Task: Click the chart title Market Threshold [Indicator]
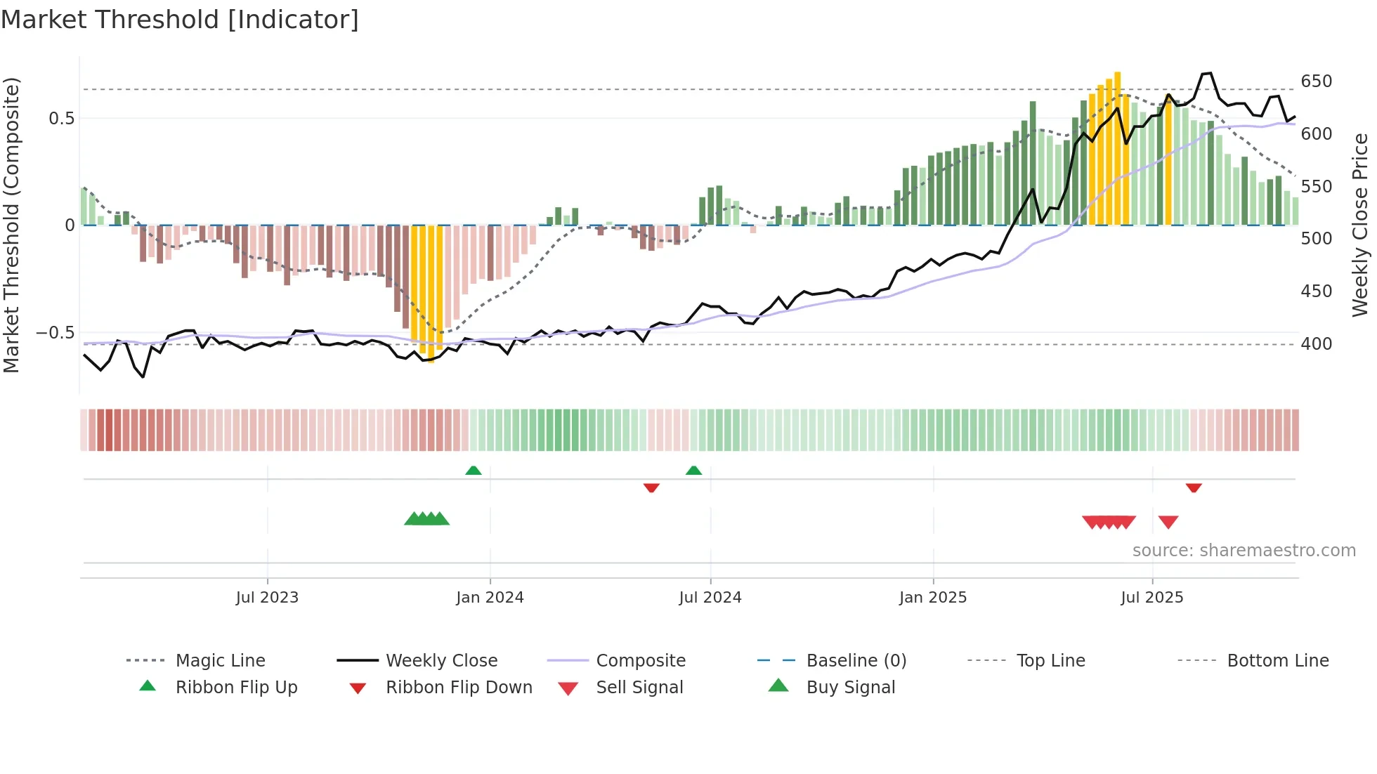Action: coord(180,20)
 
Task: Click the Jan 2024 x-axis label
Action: coord(490,598)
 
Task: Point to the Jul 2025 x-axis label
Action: coord(1151,598)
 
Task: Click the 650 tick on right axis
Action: coord(1316,81)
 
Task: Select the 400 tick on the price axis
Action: coord(1316,344)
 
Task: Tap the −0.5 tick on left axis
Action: coord(55,332)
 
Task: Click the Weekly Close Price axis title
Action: coord(1360,225)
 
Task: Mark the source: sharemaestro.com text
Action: coord(1244,551)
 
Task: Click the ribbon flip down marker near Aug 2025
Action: coord(1194,487)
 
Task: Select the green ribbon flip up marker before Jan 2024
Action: coord(474,471)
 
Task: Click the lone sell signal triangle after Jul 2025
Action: coord(1168,522)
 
